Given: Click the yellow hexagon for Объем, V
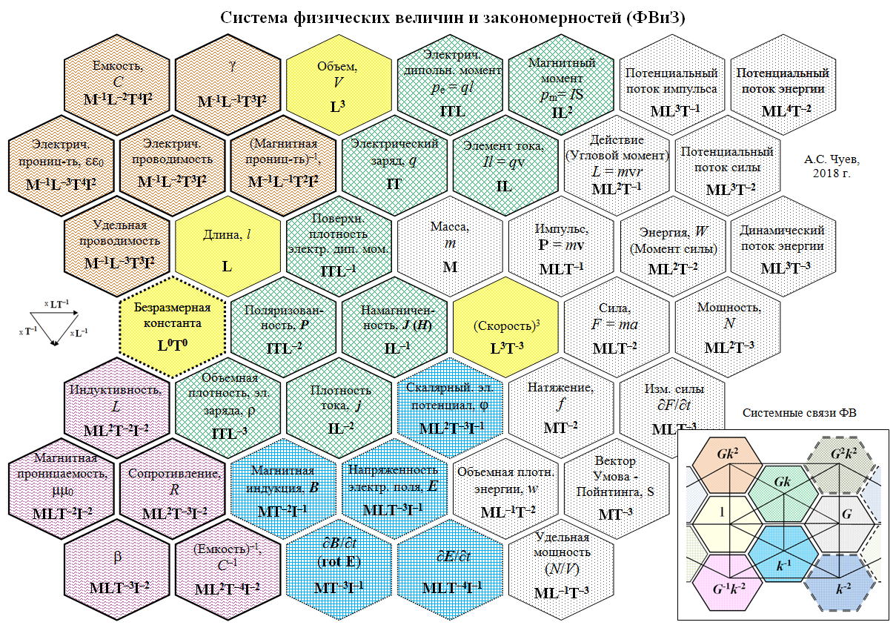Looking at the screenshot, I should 338,82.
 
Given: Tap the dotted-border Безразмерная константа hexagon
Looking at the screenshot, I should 172,326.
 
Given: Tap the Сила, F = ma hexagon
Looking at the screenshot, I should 615,326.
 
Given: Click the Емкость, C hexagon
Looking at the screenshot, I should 116,82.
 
